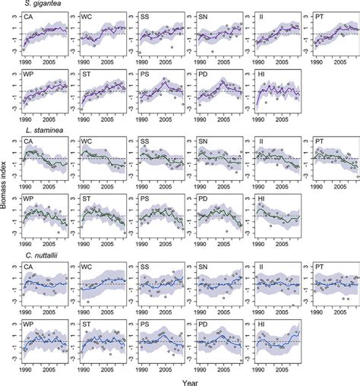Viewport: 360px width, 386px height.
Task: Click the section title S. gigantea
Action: coord(31,5)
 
